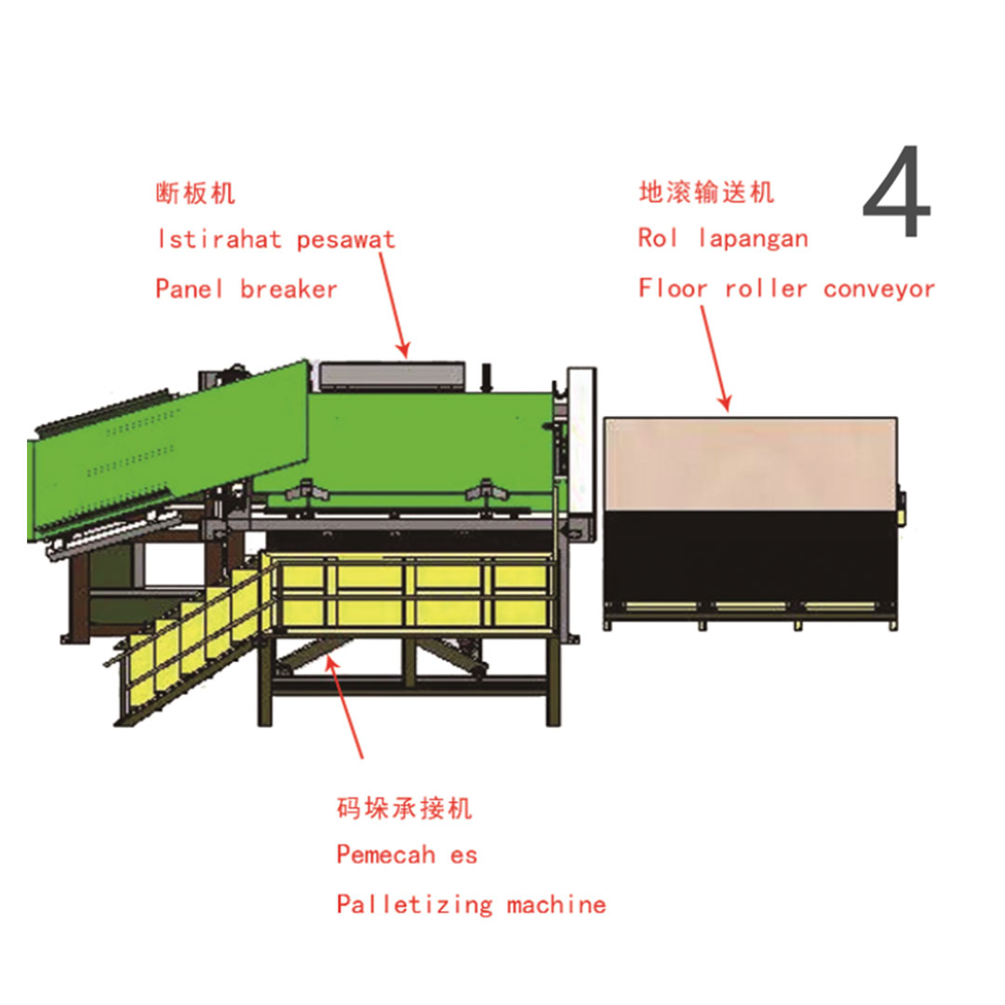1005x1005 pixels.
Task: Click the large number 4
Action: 896,194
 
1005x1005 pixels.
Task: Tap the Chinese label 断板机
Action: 195,194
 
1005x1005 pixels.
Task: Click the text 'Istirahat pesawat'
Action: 275,239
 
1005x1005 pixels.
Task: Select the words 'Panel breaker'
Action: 247,288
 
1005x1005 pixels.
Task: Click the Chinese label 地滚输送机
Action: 706,193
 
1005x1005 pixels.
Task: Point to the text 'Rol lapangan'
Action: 723,238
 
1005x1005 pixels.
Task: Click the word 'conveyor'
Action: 878,288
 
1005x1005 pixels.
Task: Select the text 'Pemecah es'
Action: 407,854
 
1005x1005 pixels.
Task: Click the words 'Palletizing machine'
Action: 471,904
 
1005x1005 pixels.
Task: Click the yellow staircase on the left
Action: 186,642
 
